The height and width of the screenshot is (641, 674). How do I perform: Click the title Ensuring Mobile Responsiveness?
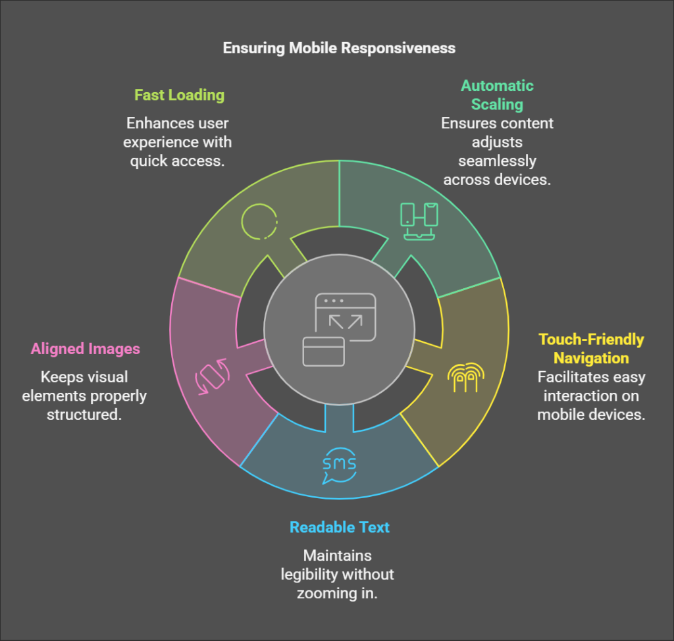[x=339, y=48]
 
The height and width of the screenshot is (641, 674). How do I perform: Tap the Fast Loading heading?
[x=179, y=95]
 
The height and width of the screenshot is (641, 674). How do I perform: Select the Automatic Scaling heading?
[x=497, y=95]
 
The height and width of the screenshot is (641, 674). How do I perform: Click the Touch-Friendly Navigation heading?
[x=590, y=349]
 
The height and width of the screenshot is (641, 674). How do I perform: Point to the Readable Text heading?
[x=340, y=527]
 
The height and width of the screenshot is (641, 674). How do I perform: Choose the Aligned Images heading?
[x=86, y=349]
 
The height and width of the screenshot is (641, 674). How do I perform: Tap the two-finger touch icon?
[x=465, y=377]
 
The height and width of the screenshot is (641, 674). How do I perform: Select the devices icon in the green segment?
[x=419, y=220]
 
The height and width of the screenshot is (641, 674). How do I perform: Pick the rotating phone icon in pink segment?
[x=211, y=376]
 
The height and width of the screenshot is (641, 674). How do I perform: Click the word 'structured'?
[x=84, y=415]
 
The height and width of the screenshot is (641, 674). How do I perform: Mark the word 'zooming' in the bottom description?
[x=323, y=592]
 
